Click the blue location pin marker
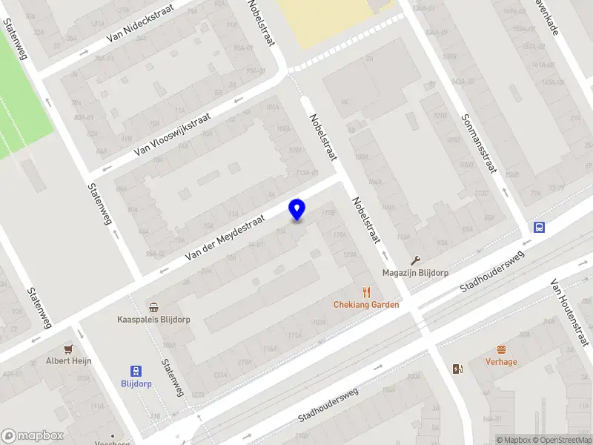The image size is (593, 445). pyautogui.click(x=297, y=209)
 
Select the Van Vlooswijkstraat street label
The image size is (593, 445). pyautogui.click(x=173, y=134)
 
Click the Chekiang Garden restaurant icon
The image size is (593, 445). pyautogui.click(x=365, y=292)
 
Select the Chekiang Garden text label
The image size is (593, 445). pyautogui.click(x=366, y=305)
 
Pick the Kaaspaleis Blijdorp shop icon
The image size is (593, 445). pyautogui.click(x=153, y=308)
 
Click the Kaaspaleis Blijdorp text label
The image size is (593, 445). pyautogui.click(x=153, y=320)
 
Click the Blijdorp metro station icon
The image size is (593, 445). pyautogui.click(x=136, y=371)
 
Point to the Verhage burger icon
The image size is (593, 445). pyautogui.click(x=501, y=349)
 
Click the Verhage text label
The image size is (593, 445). pyautogui.click(x=501, y=362)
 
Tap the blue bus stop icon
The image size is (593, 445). pyautogui.click(x=538, y=228)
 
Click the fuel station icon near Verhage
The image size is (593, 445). pyautogui.click(x=457, y=369)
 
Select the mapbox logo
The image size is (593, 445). pyautogui.click(x=33, y=436)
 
